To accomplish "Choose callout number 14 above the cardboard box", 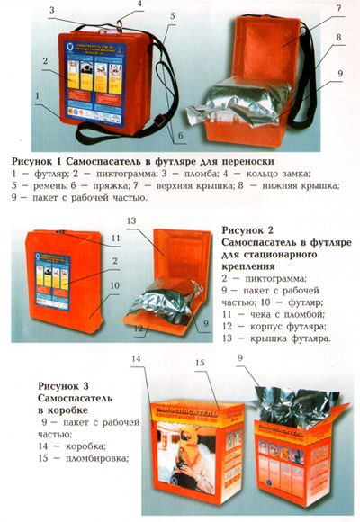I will click(161, 360).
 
